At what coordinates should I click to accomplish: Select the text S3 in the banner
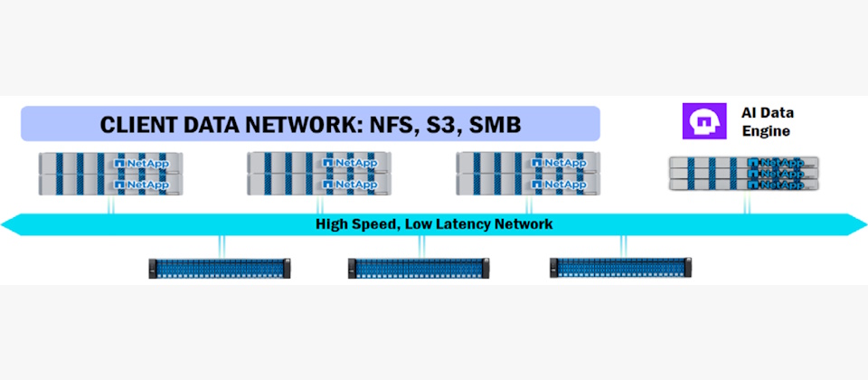pyautogui.click(x=450, y=124)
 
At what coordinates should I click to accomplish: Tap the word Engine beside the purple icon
pyautogui.click(x=760, y=131)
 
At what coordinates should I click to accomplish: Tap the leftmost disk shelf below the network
pyautogui.click(x=220, y=267)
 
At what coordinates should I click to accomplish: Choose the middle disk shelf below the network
pyautogui.click(x=420, y=267)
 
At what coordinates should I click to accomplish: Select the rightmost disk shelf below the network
pyautogui.click(x=621, y=267)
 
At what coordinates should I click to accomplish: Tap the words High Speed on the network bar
pyautogui.click(x=349, y=224)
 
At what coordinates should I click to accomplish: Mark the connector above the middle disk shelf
pyautogui.click(x=420, y=246)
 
